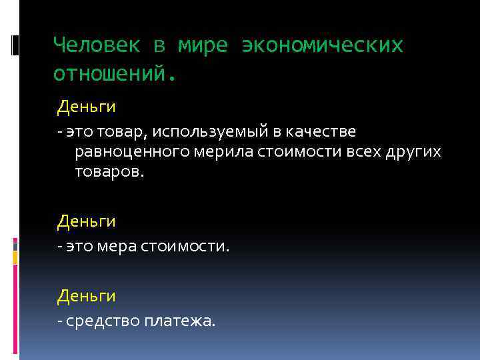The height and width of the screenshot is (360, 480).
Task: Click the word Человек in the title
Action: [97, 45]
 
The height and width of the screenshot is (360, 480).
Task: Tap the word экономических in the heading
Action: [323, 45]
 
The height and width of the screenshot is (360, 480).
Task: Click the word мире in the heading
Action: [203, 45]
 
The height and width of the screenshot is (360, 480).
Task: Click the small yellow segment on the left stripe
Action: [15, 255]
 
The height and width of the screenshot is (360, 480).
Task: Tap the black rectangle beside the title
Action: [15, 45]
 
